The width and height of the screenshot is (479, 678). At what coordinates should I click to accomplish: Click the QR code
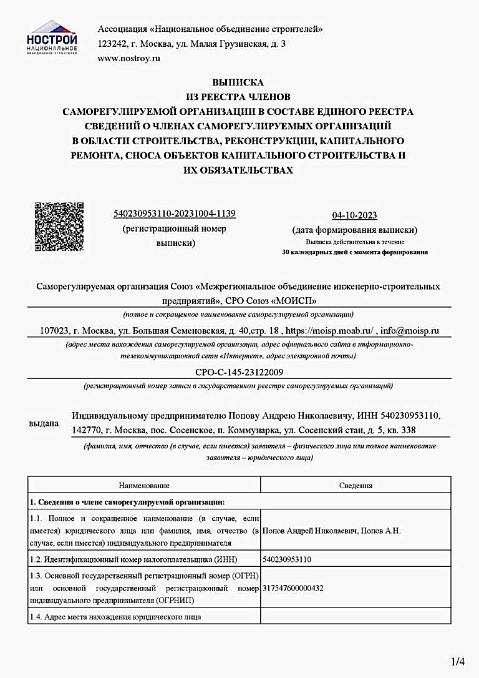(59, 227)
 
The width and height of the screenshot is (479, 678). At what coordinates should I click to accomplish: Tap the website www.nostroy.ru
(129, 59)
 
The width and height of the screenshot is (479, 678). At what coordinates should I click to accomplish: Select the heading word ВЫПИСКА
(238, 82)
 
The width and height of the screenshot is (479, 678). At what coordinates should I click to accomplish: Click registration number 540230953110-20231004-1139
(175, 214)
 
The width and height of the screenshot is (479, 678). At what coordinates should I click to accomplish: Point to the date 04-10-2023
(354, 215)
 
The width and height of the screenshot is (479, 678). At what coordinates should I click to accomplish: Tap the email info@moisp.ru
(410, 331)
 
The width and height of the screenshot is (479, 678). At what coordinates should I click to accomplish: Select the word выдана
(44, 424)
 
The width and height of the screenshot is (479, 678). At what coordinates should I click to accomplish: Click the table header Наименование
(144, 485)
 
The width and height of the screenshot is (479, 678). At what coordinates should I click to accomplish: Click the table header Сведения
(356, 485)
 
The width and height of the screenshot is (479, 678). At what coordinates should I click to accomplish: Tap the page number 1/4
(458, 661)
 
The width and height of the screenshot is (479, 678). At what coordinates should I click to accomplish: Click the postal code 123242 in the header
(112, 44)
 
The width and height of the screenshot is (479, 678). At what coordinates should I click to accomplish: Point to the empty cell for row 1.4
(356, 617)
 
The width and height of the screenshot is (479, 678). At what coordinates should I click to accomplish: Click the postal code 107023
(54, 331)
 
